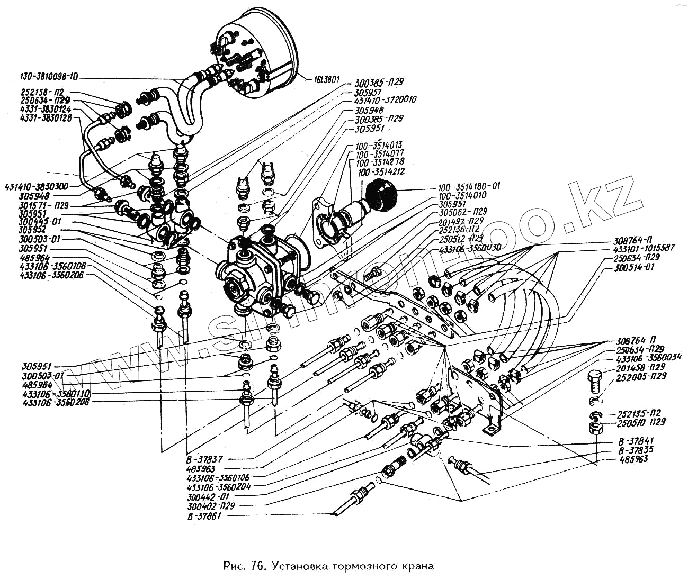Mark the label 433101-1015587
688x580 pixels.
[644, 248]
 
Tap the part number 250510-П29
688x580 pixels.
[641, 422]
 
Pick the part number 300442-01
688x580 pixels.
[208, 497]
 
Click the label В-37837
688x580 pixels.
[204, 458]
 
